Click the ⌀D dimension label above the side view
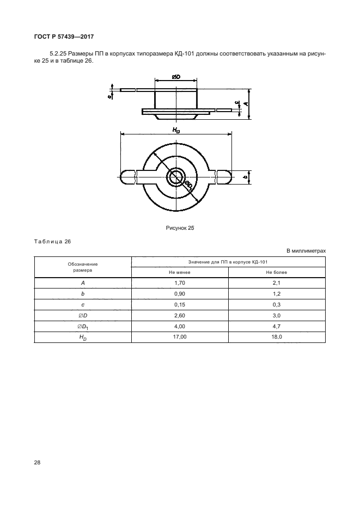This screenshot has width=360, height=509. coord(176,78)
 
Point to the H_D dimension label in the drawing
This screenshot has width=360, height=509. coord(176,130)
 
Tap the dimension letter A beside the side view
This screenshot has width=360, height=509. coord(247,103)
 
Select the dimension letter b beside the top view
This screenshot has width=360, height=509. coord(246,177)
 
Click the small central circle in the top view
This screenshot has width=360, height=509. coord(176,176)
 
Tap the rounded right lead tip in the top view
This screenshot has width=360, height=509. coord(224,176)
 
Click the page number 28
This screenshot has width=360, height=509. coord(38,462)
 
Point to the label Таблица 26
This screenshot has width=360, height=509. coord(53,241)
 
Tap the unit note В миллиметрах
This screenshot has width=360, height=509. coord(306,251)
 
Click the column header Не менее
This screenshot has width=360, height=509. coord(180,272)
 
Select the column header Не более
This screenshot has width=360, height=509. coord(277,272)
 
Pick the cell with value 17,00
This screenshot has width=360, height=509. coord(180,337)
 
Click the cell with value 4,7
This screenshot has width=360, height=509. coord(277,326)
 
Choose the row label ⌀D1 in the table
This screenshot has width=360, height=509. coord(83,326)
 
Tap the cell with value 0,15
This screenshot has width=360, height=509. coord(180,304)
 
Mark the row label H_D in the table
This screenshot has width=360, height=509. coord(83,338)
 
